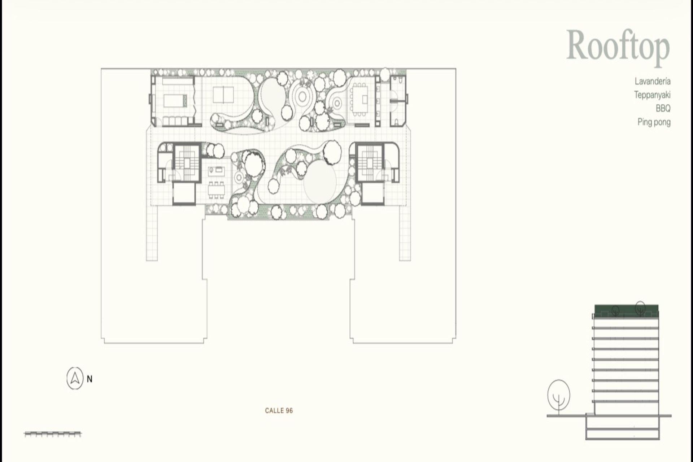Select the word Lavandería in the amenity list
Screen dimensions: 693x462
pyautogui.click(x=653, y=81)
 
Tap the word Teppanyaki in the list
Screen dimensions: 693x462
pyautogui.click(x=652, y=95)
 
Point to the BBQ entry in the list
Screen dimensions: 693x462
pyautogui.click(x=663, y=108)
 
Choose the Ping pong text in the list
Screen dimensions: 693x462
pyautogui.click(x=654, y=122)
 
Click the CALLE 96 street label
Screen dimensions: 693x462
pyautogui.click(x=279, y=410)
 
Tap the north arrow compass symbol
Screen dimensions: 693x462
pyautogui.click(x=75, y=379)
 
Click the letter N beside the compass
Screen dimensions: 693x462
pyautogui.click(x=90, y=379)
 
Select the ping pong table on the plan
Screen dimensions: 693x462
pyautogui.click(x=223, y=95)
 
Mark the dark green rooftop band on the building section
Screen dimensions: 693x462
pyautogui.click(x=627, y=310)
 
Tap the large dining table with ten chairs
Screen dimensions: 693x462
pyautogui.click(x=359, y=99)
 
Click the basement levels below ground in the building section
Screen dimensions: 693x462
pyautogui.click(x=623, y=428)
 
